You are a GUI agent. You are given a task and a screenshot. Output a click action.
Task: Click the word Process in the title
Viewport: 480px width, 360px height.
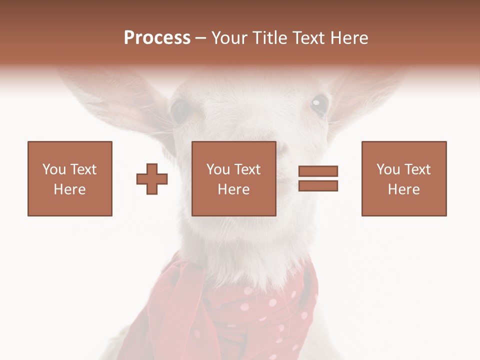coord(157,38)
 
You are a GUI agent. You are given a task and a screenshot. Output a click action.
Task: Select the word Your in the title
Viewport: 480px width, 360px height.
coord(230,38)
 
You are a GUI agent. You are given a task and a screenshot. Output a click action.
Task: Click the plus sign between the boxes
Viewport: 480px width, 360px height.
coord(152,179)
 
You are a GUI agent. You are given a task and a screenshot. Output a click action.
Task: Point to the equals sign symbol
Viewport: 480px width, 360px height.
coord(318,178)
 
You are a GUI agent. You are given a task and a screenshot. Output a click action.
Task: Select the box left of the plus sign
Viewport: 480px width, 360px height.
coord(70,178)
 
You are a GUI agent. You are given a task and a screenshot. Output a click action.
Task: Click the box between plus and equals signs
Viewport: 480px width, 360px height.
coord(234,178)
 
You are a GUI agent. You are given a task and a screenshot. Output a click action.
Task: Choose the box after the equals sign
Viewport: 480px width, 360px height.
coord(404,178)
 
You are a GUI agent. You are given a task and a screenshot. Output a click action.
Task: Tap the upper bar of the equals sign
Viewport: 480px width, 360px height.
coord(318,171)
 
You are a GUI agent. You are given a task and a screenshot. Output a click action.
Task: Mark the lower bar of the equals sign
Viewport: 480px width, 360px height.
coord(318,186)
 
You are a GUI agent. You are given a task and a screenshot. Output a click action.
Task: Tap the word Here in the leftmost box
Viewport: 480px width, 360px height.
coord(70,189)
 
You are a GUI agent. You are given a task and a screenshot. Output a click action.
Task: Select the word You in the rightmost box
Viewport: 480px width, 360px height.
coord(388,169)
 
